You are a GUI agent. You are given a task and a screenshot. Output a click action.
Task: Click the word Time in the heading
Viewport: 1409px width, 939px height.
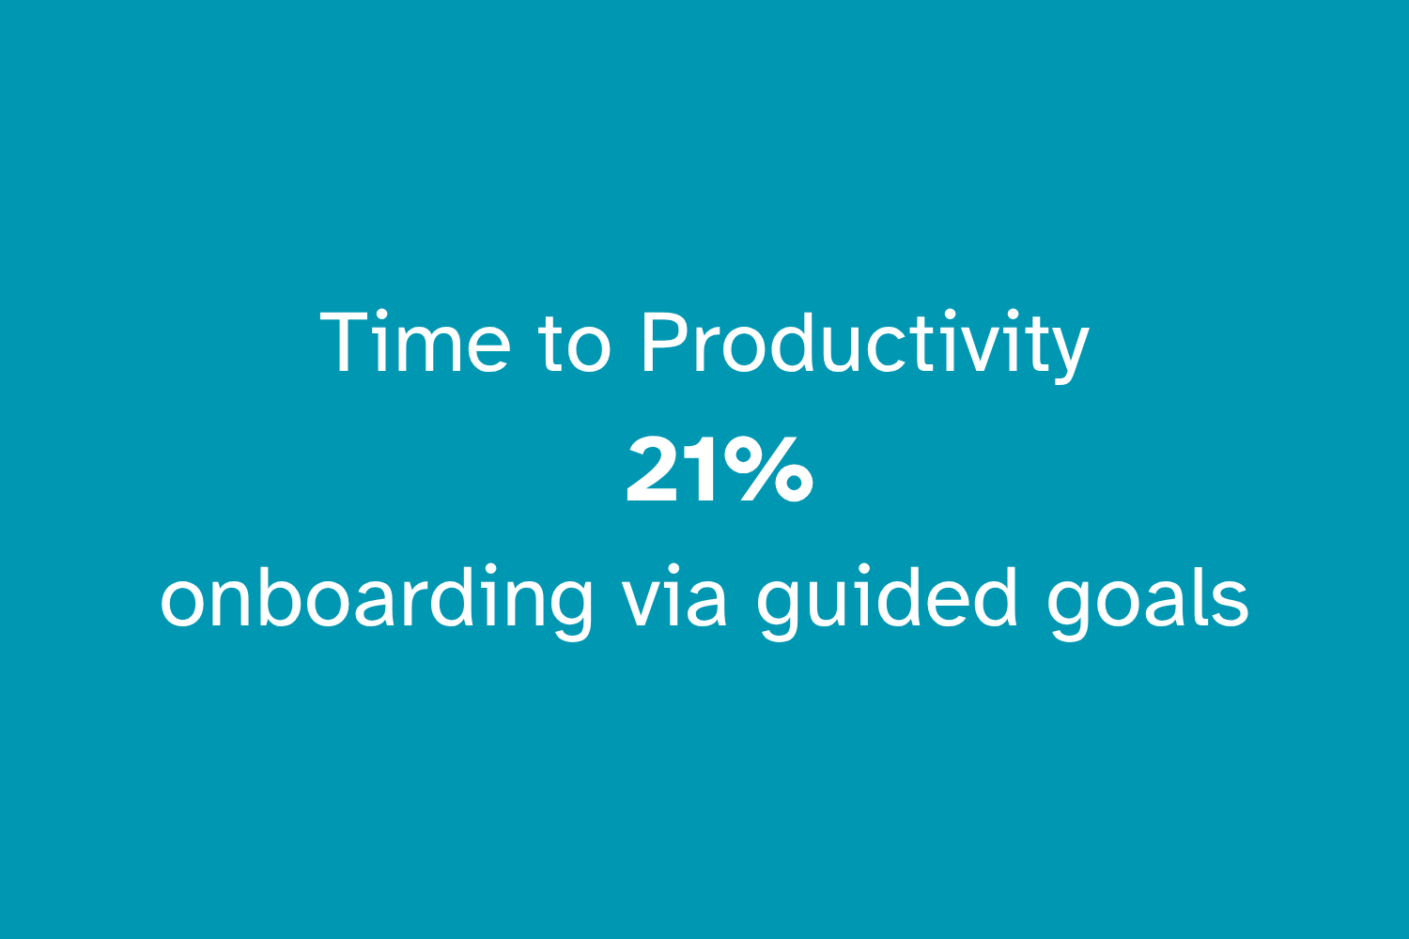[415, 342]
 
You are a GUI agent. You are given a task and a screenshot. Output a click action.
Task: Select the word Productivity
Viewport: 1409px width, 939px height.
[865, 346]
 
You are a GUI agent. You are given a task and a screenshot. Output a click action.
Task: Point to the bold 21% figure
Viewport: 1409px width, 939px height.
[720, 469]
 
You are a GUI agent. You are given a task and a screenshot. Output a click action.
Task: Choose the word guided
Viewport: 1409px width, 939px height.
[887, 602]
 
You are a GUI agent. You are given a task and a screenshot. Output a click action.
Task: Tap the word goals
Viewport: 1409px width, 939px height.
[1147, 602]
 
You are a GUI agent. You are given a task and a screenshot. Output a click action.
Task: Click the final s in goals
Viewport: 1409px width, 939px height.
[1231, 604]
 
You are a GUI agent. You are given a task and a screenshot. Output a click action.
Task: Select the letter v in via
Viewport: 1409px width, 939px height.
[643, 604]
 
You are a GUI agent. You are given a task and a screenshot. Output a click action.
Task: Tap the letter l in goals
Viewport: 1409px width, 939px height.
[1199, 595]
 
